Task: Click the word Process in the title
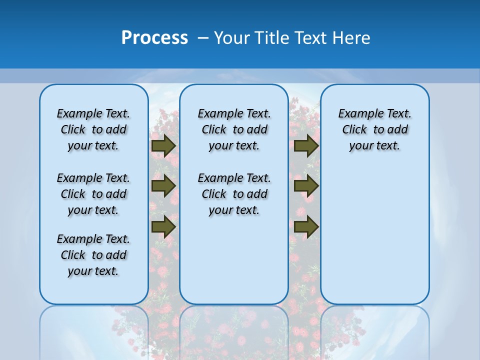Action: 154,38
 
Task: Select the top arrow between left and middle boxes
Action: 163,145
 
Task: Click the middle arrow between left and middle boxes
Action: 163,186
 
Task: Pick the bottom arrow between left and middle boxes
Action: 163,226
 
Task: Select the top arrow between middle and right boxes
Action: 306,145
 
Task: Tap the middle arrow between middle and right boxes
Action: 306,186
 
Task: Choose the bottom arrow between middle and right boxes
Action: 306,226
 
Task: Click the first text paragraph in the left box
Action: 93,129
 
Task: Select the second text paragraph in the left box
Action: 93,194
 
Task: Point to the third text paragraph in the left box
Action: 93,255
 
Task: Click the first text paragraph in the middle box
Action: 234,129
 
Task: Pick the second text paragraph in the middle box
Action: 234,194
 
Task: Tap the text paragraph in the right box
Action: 375,129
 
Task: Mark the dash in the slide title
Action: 203,38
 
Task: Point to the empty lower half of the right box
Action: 375,240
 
